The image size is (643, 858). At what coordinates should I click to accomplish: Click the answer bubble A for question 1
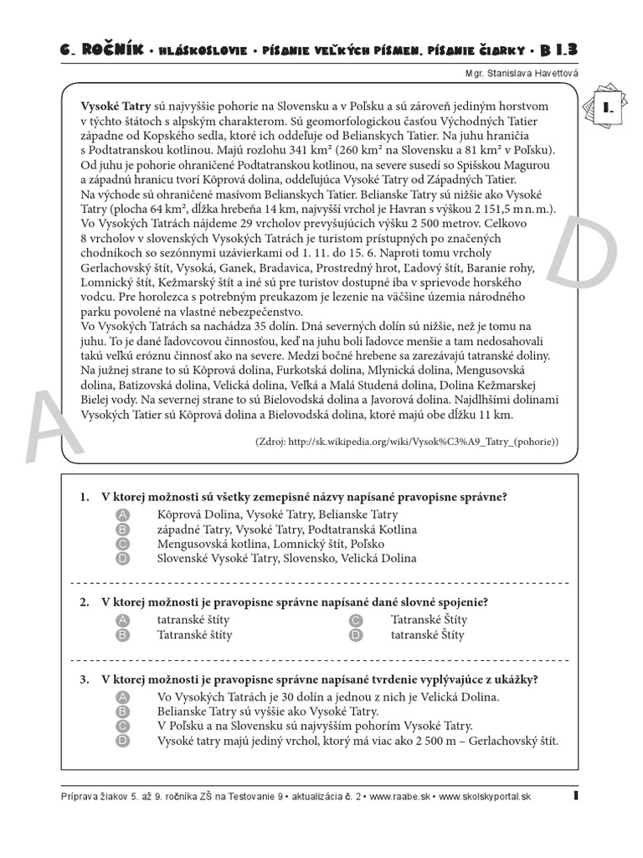[x=122, y=514]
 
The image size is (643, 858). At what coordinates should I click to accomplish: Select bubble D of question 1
[x=122, y=558]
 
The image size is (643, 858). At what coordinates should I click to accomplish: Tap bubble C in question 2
[x=356, y=620]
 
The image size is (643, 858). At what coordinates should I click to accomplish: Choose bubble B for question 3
[x=122, y=711]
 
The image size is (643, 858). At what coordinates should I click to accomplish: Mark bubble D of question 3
[x=122, y=741]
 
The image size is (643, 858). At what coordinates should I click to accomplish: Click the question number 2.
[x=85, y=602]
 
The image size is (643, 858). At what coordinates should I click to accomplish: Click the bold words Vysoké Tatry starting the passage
[x=116, y=106]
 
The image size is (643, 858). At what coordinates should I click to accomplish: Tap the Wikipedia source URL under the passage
[x=406, y=441]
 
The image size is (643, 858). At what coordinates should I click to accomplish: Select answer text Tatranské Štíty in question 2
[x=429, y=620]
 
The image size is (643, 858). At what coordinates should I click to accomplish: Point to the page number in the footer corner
[x=576, y=796]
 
